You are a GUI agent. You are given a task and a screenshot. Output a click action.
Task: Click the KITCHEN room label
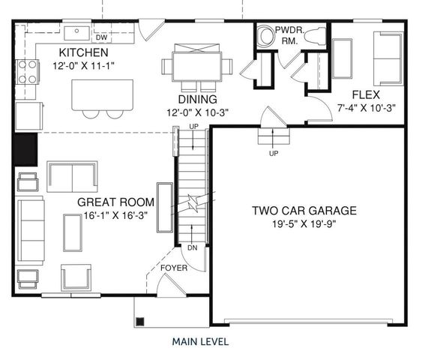pyautogui.click(x=84, y=52)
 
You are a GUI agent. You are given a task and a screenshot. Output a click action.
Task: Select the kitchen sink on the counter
pyautogui.click(x=76, y=32)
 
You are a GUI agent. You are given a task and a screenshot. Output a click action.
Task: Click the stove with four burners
pyautogui.click(x=28, y=71)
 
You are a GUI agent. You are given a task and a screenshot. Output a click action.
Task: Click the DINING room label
pyautogui.click(x=197, y=99)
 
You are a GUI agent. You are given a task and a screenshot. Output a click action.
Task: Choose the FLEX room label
pyautogui.click(x=367, y=94)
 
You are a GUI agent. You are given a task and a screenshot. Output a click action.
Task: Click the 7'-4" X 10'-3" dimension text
pyautogui.click(x=367, y=107)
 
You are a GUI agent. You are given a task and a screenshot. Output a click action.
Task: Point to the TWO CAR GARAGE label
pyautogui.click(x=304, y=211)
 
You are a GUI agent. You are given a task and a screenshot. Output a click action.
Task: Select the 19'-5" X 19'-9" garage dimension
pyautogui.click(x=304, y=223)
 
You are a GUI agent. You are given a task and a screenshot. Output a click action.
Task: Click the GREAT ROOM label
pyautogui.click(x=116, y=202)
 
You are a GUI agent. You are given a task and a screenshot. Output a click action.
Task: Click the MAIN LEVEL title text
pyautogui.click(x=200, y=341)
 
